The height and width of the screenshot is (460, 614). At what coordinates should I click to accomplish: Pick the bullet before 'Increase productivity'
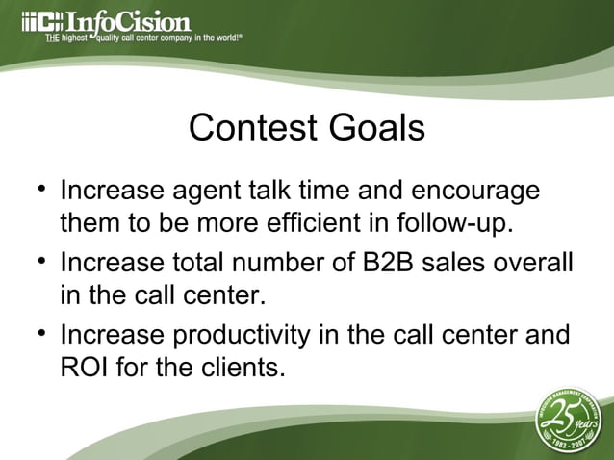pyautogui.click(x=41, y=332)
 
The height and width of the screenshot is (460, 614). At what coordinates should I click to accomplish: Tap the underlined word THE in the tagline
pyautogui.click(x=55, y=39)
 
